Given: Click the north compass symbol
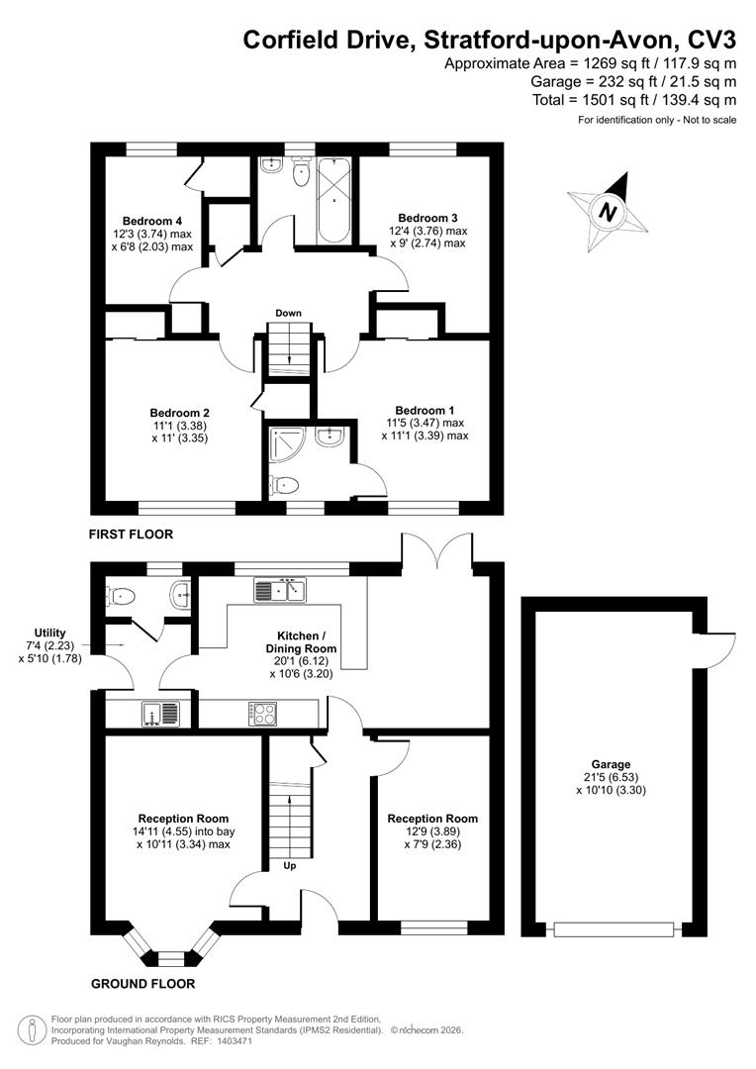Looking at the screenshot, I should click(x=609, y=210).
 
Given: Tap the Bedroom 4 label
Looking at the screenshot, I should click(x=151, y=220).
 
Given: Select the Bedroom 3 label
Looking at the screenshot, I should click(x=427, y=218).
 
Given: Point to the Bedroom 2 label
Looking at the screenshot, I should click(x=179, y=413).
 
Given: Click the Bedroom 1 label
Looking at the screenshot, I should click(x=425, y=410).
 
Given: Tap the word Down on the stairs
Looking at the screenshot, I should click(x=288, y=314).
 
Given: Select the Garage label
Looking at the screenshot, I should click(x=611, y=765).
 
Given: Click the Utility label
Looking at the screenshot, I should click(x=48, y=632).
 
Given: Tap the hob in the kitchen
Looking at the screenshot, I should click(x=265, y=713).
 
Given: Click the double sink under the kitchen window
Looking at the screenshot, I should click(x=283, y=591).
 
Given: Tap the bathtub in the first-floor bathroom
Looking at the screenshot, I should click(x=334, y=198).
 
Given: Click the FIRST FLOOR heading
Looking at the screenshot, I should click(x=131, y=534).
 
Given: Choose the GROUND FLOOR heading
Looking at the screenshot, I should click(x=142, y=984).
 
